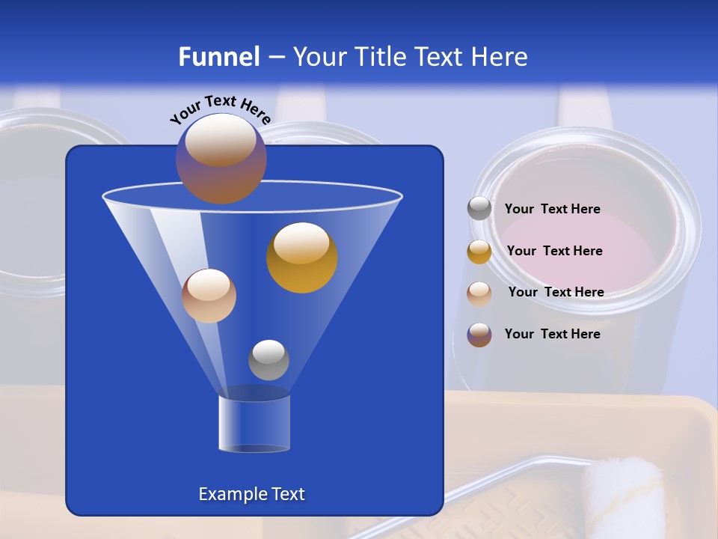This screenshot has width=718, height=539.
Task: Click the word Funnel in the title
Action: [218, 57]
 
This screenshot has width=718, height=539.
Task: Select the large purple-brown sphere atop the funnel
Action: [221, 159]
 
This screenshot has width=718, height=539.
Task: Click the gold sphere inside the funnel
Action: [301, 258]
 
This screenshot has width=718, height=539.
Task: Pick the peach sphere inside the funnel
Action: [209, 296]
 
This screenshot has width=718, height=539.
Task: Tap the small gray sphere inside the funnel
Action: [269, 360]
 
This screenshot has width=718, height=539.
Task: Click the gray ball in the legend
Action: [479, 209]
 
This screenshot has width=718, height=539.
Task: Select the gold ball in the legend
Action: [479, 252]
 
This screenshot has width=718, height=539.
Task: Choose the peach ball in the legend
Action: [479, 293]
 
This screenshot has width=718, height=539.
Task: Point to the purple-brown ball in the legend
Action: [479, 335]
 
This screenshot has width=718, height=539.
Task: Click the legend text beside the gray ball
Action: [552, 210]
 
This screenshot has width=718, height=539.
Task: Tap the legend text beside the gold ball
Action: [554, 252]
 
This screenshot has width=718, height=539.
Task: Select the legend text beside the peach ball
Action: [556, 293]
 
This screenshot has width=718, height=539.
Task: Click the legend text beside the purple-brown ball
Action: [552, 335]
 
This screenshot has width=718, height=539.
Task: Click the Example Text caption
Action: [251, 494]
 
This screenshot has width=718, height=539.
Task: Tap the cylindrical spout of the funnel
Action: [254, 424]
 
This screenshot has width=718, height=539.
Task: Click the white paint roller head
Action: [622, 497]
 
